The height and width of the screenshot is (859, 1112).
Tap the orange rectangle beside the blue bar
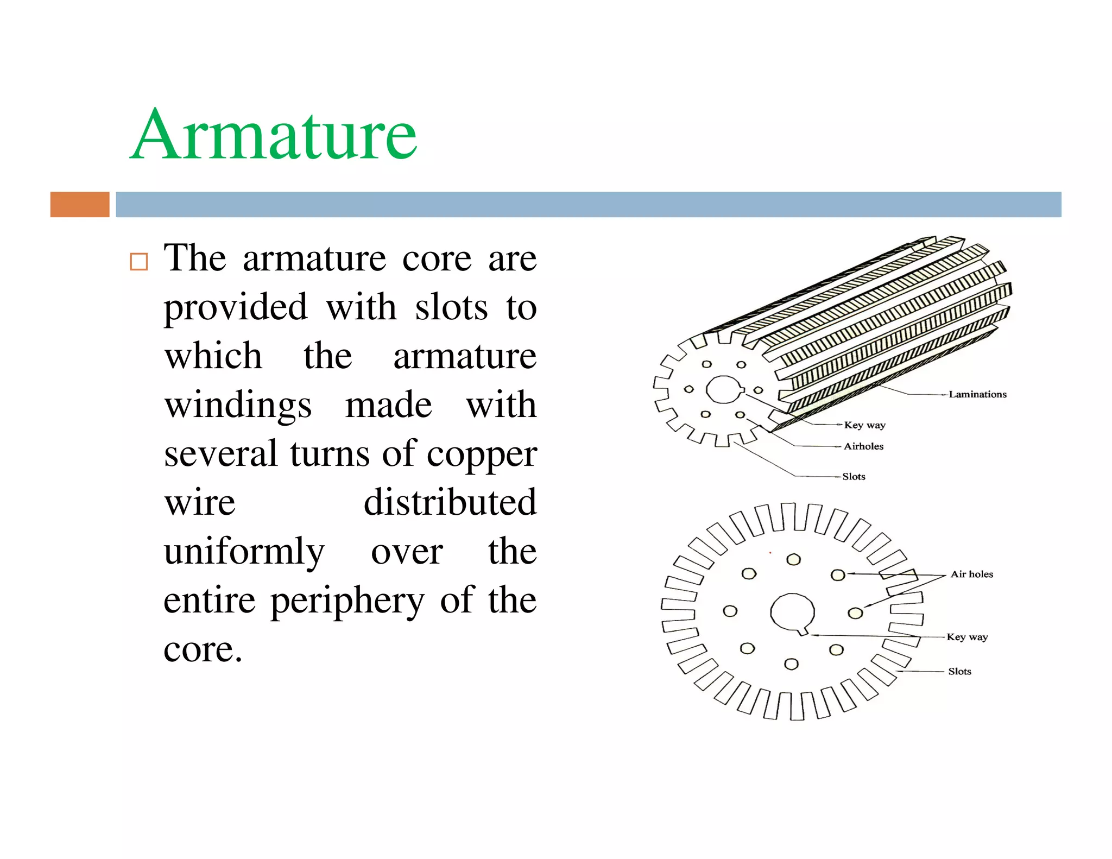pos(80,204)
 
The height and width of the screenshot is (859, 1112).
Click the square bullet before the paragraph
pos(139,262)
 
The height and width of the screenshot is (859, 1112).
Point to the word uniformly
pos(244,552)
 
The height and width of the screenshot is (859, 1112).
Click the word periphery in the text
pos(347,601)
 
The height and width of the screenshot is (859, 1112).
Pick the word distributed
pos(450,502)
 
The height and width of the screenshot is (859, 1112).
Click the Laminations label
pos(977,394)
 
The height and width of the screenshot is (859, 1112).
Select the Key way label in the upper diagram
pos(864,425)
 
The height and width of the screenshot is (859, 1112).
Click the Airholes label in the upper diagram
pos(863,446)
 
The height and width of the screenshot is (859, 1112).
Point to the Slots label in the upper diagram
pos(854,476)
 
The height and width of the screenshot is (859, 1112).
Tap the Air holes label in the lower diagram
pos(971,574)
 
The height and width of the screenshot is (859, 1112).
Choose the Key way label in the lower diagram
pos(967,636)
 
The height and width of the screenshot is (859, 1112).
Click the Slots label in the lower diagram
pos(959,671)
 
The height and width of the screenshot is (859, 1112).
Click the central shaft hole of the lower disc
pos(792,611)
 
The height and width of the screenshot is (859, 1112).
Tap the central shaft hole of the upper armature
pos(723,389)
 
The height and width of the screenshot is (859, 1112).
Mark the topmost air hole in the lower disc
pos(794,559)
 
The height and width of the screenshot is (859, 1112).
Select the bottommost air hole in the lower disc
pos(792,664)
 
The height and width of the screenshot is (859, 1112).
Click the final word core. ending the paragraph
pos(203,649)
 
